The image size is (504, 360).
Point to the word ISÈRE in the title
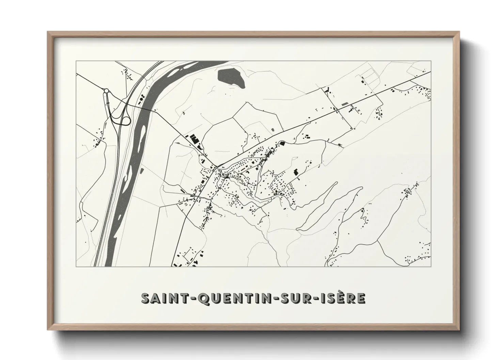(x=342, y=298)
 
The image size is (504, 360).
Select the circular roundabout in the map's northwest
(x=106, y=91)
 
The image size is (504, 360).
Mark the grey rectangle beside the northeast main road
(x=344, y=103)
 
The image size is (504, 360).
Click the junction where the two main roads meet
(x=216, y=167)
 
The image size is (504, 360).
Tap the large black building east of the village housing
(x=296, y=171)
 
